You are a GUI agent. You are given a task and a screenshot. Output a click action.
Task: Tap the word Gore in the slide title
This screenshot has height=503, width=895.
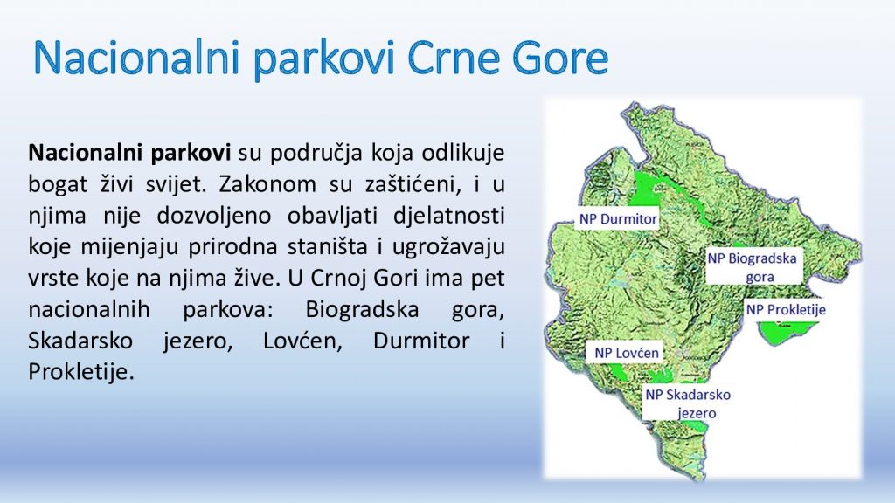560,59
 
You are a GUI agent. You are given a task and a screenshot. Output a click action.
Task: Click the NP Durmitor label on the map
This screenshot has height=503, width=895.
618,219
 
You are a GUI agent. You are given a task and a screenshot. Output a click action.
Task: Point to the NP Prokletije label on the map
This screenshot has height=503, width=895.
786,310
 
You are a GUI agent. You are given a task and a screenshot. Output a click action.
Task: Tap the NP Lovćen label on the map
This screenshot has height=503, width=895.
627,353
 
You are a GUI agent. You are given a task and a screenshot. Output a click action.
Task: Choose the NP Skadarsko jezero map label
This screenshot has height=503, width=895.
689,403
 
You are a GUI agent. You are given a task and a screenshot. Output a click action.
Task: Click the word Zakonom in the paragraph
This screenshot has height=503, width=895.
267,184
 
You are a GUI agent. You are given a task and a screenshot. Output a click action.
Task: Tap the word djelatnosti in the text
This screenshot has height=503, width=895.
448,217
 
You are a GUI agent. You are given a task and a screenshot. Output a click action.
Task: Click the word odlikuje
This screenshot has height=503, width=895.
463,153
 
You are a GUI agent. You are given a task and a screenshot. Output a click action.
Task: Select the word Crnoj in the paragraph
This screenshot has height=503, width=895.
339,279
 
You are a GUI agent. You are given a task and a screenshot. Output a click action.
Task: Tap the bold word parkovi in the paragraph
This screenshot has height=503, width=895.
191,154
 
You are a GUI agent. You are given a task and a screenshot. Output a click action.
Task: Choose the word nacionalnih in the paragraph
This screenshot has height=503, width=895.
89,310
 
